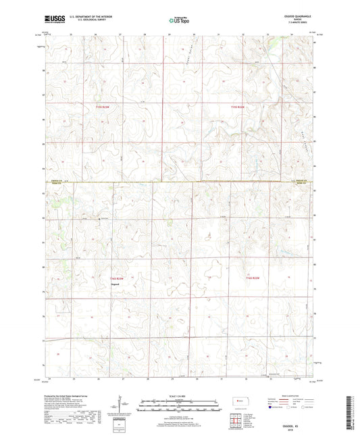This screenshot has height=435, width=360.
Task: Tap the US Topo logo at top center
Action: pyautogui.click(x=177, y=21)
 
